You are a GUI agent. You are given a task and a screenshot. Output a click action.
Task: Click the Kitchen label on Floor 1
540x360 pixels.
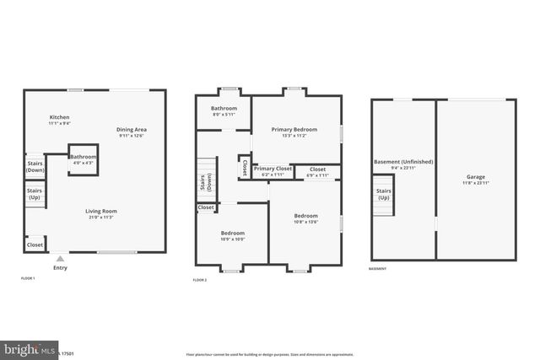[x=59, y=117]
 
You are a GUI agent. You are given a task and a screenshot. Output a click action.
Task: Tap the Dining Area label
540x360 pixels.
[x=132, y=130]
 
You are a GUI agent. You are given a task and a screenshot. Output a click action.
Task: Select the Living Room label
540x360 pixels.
[x=100, y=211]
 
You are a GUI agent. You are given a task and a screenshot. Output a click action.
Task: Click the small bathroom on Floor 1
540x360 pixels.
[x=83, y=159]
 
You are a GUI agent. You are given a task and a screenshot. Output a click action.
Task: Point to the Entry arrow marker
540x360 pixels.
[x=59, y=260]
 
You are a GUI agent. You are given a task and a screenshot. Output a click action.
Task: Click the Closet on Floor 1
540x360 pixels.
[x=35, y=244]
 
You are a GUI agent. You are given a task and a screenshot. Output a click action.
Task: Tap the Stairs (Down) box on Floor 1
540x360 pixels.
[x=35, y=165]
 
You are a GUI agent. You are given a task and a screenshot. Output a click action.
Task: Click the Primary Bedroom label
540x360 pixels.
[x=294, y=130]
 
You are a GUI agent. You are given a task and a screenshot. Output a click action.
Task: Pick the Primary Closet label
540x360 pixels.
[x=273, y=169]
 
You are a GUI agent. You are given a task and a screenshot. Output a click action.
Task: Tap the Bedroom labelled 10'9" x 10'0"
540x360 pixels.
[x=232, y=234]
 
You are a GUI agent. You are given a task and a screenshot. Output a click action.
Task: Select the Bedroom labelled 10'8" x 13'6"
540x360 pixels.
[x=305, y=218]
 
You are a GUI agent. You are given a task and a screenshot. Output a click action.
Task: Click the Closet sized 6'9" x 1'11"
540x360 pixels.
[x=317, y=171]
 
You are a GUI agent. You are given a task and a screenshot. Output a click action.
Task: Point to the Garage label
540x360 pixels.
[x=474, y=179]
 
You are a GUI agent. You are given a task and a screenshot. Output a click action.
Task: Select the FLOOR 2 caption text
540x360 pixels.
[x=200, y=279]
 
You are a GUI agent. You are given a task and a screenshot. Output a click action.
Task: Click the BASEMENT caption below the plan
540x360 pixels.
[x=378, y=269]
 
